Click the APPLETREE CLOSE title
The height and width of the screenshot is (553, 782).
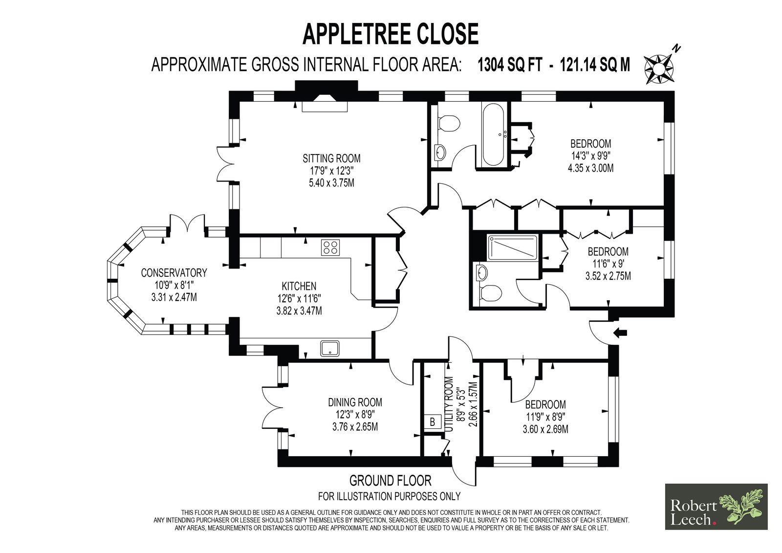tap(391, 34)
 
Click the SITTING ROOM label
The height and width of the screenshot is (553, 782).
tap(331, 158)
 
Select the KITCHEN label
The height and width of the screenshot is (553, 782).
tap(299, 286)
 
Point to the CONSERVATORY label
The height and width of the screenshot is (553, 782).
tap(174, 272)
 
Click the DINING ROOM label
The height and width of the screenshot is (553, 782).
tap(355, 402)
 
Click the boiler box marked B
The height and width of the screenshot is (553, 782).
tap(432, 422)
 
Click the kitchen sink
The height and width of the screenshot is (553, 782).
tap(329, 348)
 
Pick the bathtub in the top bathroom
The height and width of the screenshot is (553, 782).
tap(493, 134)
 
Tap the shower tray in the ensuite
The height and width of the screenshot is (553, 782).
tap(512, 248)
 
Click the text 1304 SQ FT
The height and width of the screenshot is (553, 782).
tap(510, 65)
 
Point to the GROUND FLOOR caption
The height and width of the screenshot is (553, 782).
tap(391, 481)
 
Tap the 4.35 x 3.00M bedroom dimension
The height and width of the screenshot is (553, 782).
tap(591, 168)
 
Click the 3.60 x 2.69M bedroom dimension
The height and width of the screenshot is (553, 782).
tap(545, 429)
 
